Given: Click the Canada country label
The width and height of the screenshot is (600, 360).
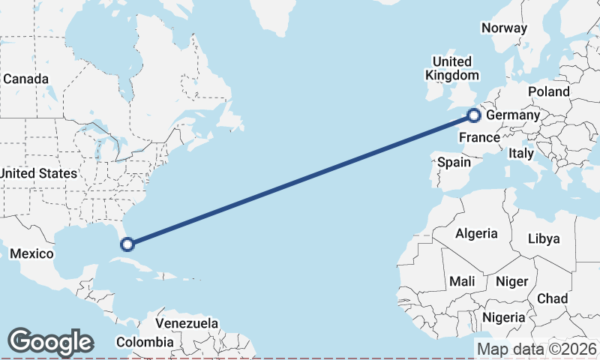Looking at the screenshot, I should (x=26, y=79).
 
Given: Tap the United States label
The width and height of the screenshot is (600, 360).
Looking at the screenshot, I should (x=38, y=173).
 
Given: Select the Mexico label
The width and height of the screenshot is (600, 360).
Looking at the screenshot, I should (x=31, y=253).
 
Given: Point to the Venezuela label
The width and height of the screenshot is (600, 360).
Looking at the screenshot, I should (x=187, y=324).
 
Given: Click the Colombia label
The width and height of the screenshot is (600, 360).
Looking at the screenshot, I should (x=144, y=343).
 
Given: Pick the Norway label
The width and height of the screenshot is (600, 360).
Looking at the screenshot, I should (x=504, y=28).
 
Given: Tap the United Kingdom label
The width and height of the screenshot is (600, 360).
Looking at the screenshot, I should (x=451, y=68).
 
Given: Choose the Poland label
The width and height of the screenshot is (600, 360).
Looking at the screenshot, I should (x=548, y=91).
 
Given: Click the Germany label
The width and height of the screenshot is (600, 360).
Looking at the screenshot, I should (x=512, y=115).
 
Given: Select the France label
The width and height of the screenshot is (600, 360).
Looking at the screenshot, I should (x=479, y=137).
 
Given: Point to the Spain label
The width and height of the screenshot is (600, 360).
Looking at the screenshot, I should (x=454, y=162).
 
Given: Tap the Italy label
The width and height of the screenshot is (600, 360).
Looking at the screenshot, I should (x=520, y=153).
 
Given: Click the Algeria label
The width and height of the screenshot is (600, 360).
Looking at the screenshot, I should (x=476, y=233).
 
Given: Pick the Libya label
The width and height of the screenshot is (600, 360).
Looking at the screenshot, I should (x=544, y=239).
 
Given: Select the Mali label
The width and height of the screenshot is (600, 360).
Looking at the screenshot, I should (x=462, y=281).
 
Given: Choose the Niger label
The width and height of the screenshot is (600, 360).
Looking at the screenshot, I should (x=511, y=281).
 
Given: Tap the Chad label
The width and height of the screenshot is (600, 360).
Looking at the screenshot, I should (x=552, y=298).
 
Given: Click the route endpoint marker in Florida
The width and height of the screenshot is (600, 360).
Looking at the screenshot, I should (x=127, y=244).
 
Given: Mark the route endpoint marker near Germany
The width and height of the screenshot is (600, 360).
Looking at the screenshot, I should (x=474, y=115).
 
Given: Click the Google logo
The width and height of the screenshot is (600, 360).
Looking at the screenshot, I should (x=50, y=342).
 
